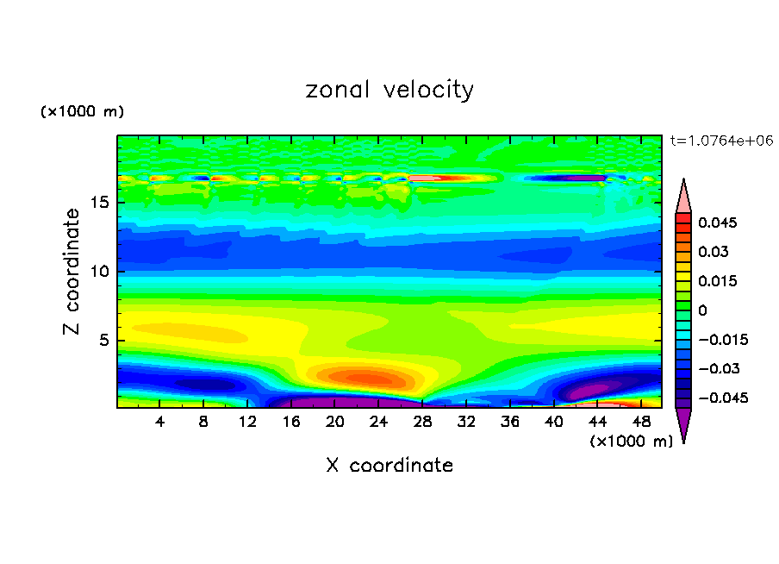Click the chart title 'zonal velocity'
(389, 90)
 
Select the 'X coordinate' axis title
(389, 466)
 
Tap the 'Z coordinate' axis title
(72, 272)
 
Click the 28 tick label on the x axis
(423, 422)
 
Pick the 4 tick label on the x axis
(160, 422)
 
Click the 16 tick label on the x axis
(291, 422)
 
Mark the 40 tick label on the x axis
(554, 422)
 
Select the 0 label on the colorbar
(702, 310)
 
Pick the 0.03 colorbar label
(714, 252)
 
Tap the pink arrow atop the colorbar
(683, 197)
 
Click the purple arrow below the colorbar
(683, 423)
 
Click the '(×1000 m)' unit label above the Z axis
(82, 112)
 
